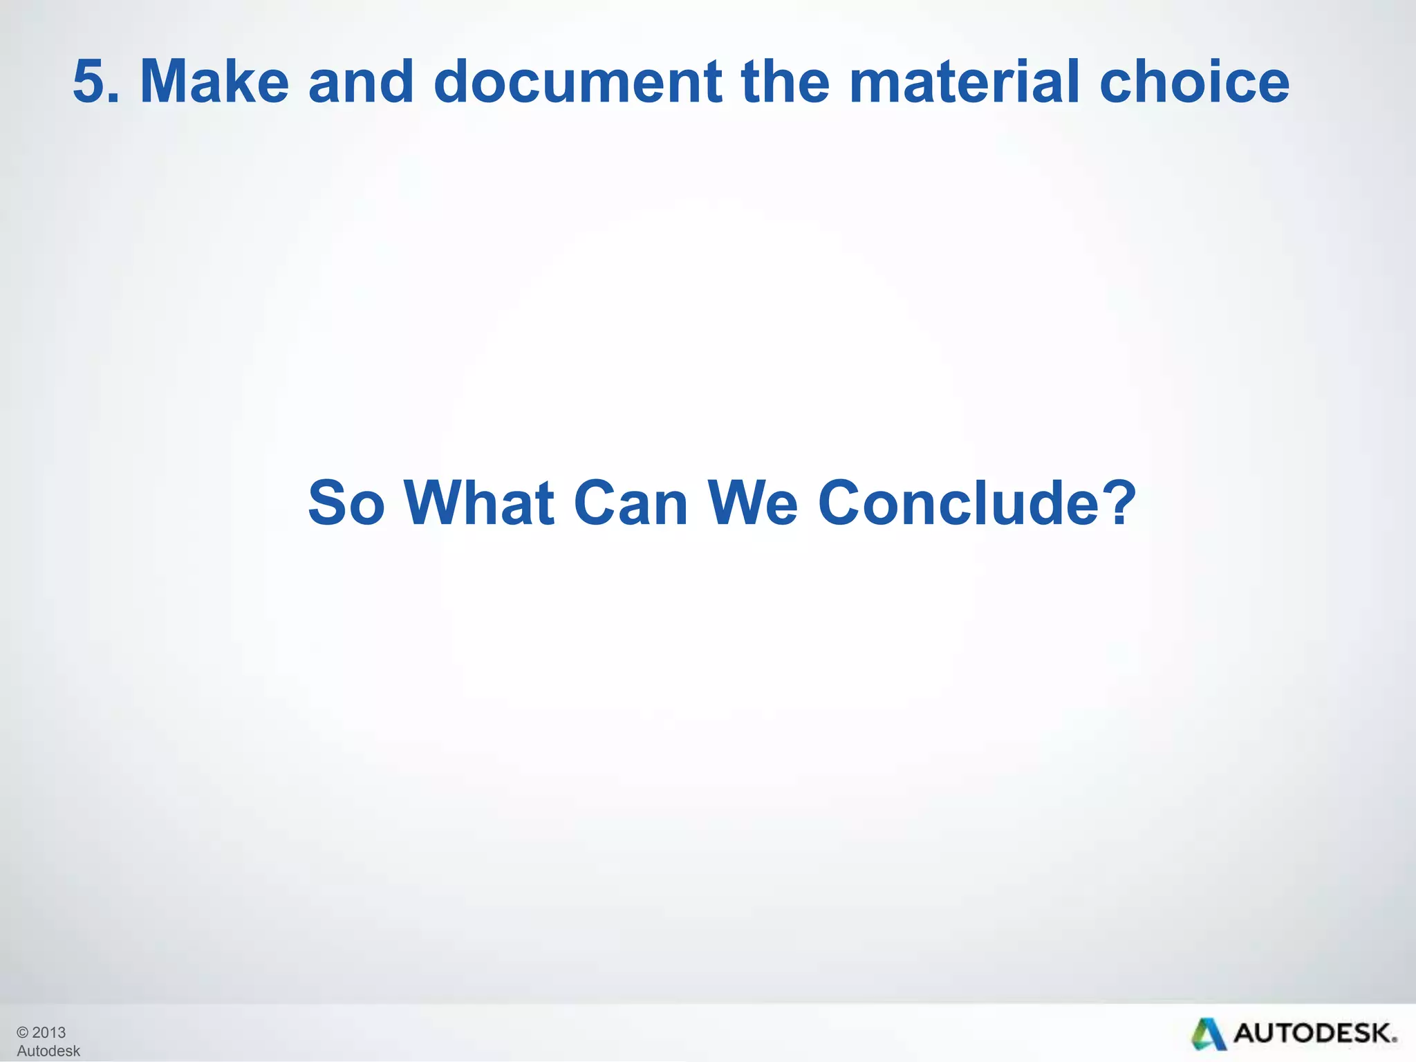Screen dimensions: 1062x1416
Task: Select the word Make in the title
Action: (x=214, y=82)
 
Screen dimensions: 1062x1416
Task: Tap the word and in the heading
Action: (x=360, y=82)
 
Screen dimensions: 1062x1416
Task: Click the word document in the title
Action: (x=578, y=82)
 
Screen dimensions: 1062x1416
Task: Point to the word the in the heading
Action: (x=785, y=82)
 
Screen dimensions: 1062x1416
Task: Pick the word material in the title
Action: (x=964, y=82)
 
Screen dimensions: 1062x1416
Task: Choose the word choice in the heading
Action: (x=1194, y=82)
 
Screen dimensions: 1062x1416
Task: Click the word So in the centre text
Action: (x=346, y=503)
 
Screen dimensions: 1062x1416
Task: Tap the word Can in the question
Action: (x=631, y=503)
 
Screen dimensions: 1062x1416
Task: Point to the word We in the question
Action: (x=753, y=503)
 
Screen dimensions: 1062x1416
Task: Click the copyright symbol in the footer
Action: (x=23, y=1033)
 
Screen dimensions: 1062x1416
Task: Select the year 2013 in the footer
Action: (x=49, y=1033)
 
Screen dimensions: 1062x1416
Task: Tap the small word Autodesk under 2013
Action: (x=48, y=1051)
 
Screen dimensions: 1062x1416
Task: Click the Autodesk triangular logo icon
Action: (x=1207, y=1034)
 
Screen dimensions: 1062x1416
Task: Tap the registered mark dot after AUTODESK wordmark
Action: (x=1395, y=1041)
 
